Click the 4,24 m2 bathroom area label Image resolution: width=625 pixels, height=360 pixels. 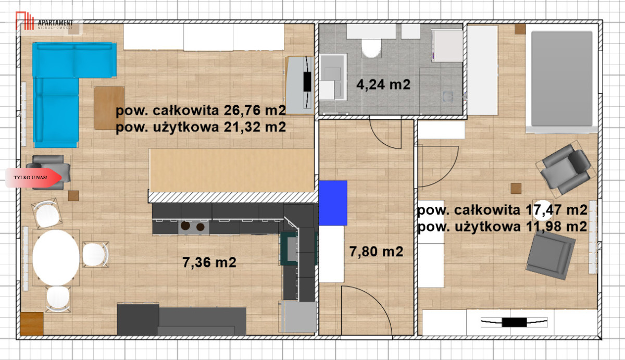(383, 84)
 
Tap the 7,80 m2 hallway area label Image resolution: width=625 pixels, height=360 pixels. (376, 252)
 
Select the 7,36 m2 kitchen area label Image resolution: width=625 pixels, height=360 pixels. (209, 263)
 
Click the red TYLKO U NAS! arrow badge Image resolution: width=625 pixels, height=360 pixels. (33, 178)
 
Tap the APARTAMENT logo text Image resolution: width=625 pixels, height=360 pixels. (55, 23)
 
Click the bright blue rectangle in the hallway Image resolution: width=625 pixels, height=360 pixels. (333, 203)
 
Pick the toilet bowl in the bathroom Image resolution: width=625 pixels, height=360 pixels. (371, 48)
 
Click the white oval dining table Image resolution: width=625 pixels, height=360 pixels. (56, 257)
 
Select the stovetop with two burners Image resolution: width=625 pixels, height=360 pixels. (194, 227)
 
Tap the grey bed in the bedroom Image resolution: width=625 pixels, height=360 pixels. (562, 80)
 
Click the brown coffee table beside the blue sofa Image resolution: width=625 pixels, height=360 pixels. (109, 108)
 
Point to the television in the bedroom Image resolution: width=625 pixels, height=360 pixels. (514, 322)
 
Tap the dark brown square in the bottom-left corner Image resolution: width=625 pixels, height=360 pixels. (32, 324)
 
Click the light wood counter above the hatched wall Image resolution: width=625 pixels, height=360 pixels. (232, 170)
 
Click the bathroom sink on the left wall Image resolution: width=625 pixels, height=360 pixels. (333, 77)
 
